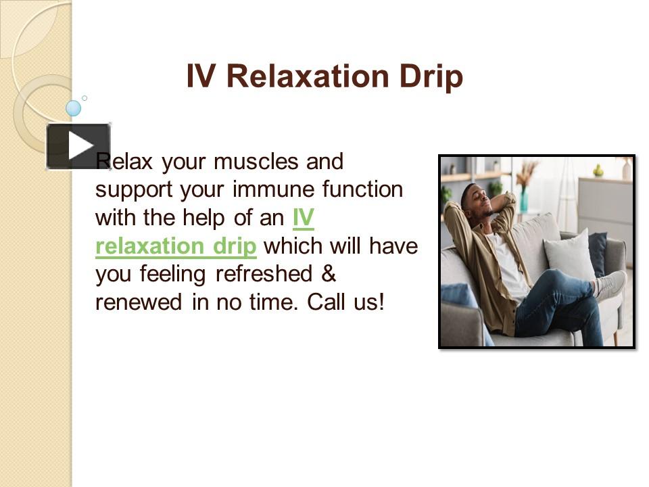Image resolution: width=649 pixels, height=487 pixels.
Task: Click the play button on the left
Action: coord(78,146)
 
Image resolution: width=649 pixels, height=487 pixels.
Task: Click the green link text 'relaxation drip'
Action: coord(176,247)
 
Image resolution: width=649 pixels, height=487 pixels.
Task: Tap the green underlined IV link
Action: coord(304,218)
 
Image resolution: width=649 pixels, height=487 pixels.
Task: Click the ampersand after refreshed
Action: coord(328,275)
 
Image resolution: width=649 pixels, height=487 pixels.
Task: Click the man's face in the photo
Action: coord(479,200)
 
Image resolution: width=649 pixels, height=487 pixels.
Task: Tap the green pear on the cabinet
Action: coord(598,171)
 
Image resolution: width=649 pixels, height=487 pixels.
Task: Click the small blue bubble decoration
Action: coord(73,108)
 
